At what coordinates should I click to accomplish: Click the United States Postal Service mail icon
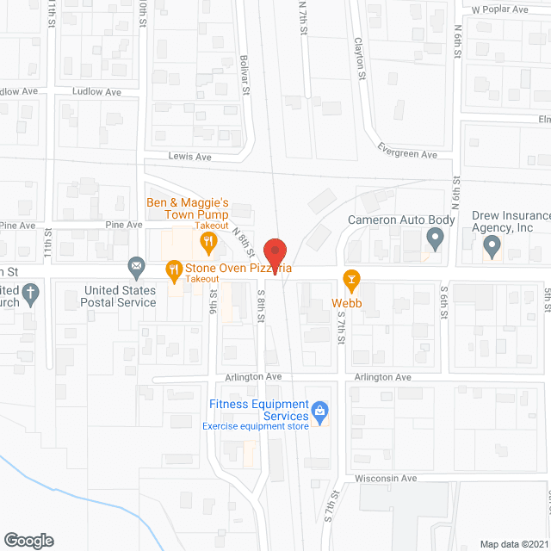coord(135,269)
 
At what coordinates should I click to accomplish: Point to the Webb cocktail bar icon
coord(351,278)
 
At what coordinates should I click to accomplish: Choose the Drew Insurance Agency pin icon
coord(492,248)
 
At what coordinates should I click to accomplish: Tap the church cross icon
coord(30,294)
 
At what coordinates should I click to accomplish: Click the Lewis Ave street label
coord(190,157)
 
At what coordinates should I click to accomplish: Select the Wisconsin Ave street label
coord(386,478)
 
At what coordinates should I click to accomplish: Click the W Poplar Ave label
coord(499,9)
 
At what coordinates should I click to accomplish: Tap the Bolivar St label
coord(245,74)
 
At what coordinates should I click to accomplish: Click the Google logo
coord(28,540)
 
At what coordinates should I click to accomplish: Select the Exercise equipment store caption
coord(256,426)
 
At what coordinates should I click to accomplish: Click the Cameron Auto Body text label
coord(400,220)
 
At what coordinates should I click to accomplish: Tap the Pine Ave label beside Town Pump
coord(124,224)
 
